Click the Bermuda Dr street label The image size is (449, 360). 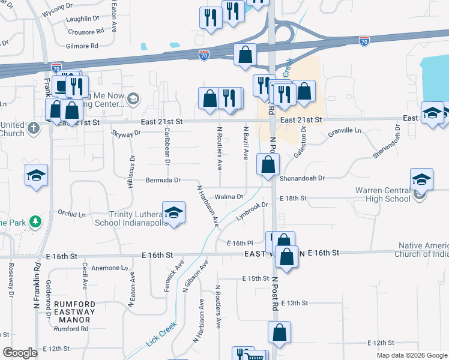pyautogui.click(x=163, y=180)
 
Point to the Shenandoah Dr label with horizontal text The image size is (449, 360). pyautogui.click(x=301, y=178)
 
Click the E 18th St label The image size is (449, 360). pyautogui.click(x=292, y=197)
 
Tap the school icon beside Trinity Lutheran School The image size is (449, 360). pyautogui.click(x=173, y=213)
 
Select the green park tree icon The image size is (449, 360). pyautogui.click(x=35, y=222)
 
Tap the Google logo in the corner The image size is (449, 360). pyautogui.click(x=20, y=353)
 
